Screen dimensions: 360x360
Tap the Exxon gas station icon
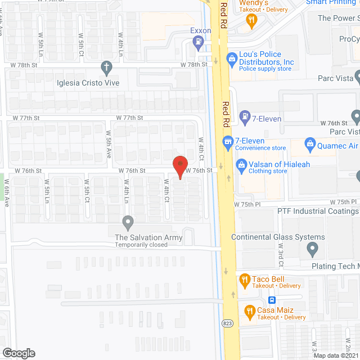[198, 41]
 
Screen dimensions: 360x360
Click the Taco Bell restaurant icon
[244, 279]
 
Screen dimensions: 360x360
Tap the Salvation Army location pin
[128, 222]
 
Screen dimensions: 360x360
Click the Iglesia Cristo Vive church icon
[106, 69]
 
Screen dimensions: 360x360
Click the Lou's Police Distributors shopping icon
[231, 58]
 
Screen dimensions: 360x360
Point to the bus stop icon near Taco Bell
[271, 300]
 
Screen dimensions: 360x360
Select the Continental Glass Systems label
[278, 237]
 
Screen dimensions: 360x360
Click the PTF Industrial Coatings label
[318, 211]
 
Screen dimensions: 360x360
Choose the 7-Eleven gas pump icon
[245, 118]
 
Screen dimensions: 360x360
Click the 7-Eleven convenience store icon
[228, 141]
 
